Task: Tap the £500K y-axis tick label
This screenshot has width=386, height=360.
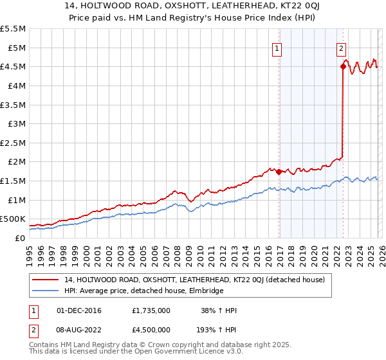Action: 14,219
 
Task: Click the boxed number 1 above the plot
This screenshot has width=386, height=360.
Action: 277,47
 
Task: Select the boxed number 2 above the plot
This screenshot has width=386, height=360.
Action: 340,47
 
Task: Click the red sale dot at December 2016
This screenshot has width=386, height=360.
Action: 279,172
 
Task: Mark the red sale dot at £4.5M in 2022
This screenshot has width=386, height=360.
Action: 343,66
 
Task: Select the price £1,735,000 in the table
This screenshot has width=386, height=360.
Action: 151,310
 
